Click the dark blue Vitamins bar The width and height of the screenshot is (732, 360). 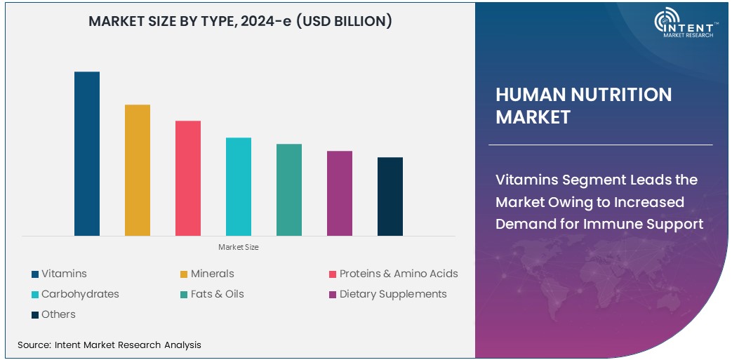[87, 154]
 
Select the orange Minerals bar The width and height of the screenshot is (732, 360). [138, 170]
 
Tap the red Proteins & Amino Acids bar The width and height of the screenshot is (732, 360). [188, 178]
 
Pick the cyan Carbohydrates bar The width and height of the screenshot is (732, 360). [239, 187]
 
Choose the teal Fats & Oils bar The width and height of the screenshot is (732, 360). [289, 189]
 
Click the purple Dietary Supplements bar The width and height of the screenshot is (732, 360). [340, 193]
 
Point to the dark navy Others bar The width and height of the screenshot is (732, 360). [390, 196]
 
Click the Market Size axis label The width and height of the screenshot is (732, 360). [239, 247]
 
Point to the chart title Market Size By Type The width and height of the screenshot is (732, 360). [240, 22]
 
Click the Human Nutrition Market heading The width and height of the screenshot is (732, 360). [583, 105]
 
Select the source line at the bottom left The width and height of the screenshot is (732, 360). [109, 345]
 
